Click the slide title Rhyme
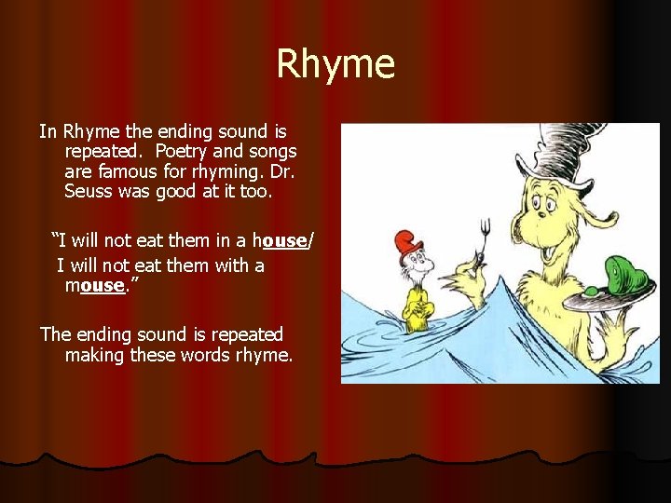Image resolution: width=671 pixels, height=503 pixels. coord(335,64)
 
